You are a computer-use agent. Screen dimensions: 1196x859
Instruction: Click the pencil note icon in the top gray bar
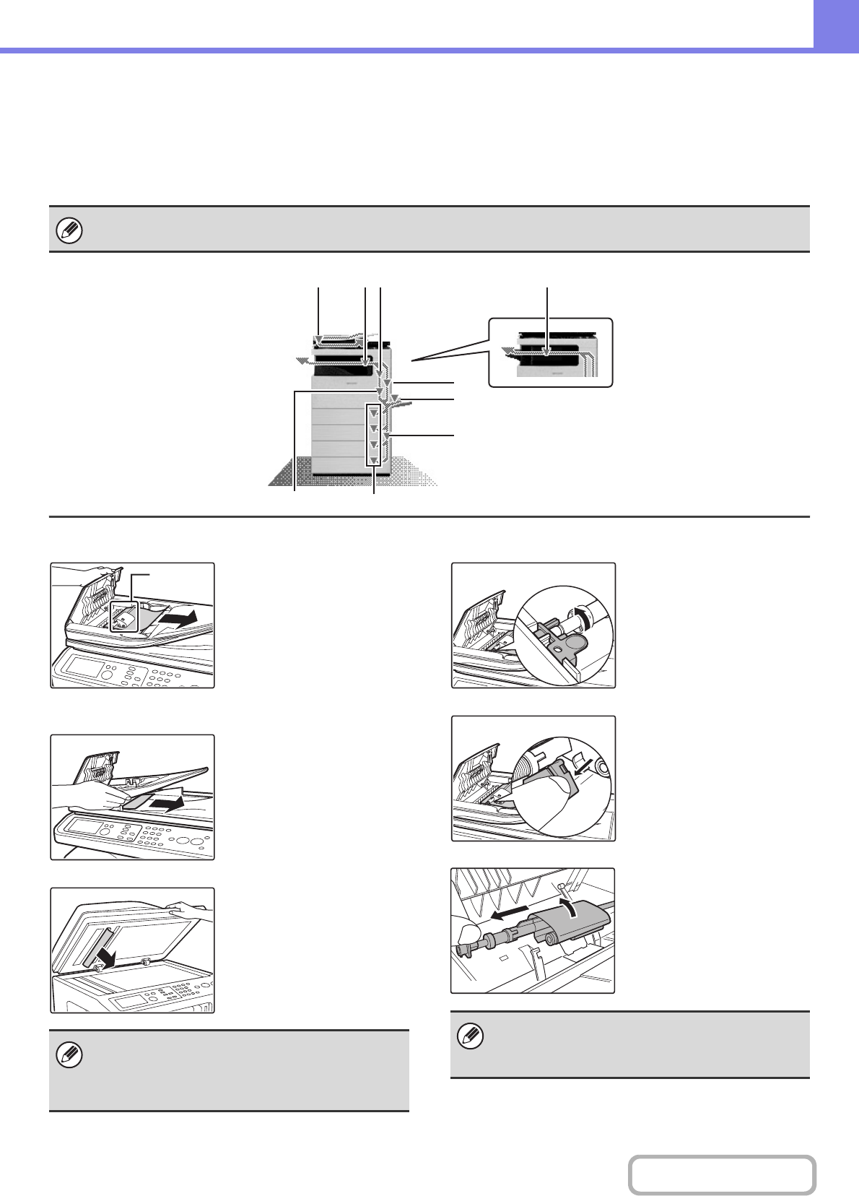[x=70, y=231]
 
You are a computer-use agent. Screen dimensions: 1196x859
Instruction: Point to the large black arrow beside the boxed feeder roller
[x=178, y=619]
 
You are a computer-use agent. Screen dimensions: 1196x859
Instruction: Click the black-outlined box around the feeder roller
[x=123, y=615]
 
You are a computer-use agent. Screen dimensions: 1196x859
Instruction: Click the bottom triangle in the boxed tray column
[x=373, y=460]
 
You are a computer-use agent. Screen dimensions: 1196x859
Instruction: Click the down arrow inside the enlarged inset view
[x=547, y=352]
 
